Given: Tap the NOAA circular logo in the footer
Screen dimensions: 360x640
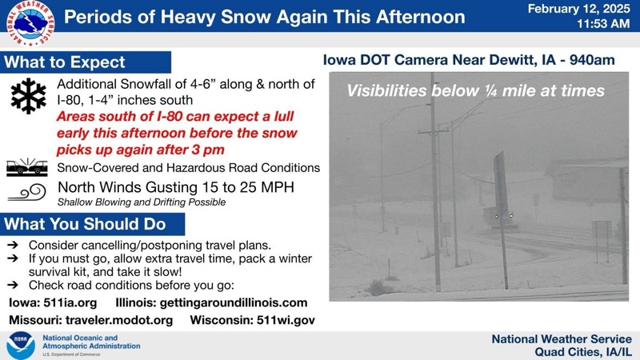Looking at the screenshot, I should click(x=20, y=346).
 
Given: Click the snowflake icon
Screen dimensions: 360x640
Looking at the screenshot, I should click(x=29, y=96).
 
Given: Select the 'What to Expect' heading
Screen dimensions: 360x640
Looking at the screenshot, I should click(x=65, y=62).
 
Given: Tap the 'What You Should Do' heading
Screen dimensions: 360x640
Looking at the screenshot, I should click(x=85, y=224).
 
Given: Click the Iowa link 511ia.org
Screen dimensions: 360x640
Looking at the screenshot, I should click(x=70, y=302).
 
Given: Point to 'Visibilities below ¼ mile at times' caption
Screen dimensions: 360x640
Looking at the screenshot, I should click(x=475, y=91).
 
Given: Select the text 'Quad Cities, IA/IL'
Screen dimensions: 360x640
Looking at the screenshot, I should click(x=583, y=353).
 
